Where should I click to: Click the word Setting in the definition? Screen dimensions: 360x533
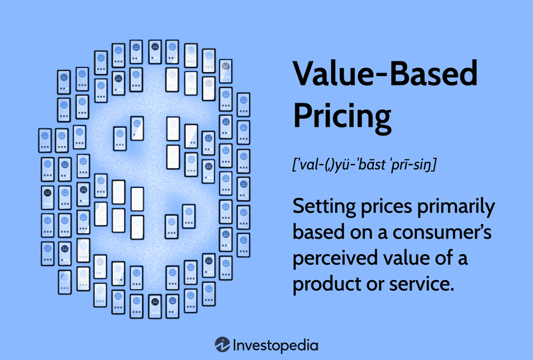point(323,207)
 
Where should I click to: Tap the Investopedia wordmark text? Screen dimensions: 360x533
point(275,345)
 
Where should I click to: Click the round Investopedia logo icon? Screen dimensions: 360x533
point(223,345)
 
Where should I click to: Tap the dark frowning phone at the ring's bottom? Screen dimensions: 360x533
point(155,302)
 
